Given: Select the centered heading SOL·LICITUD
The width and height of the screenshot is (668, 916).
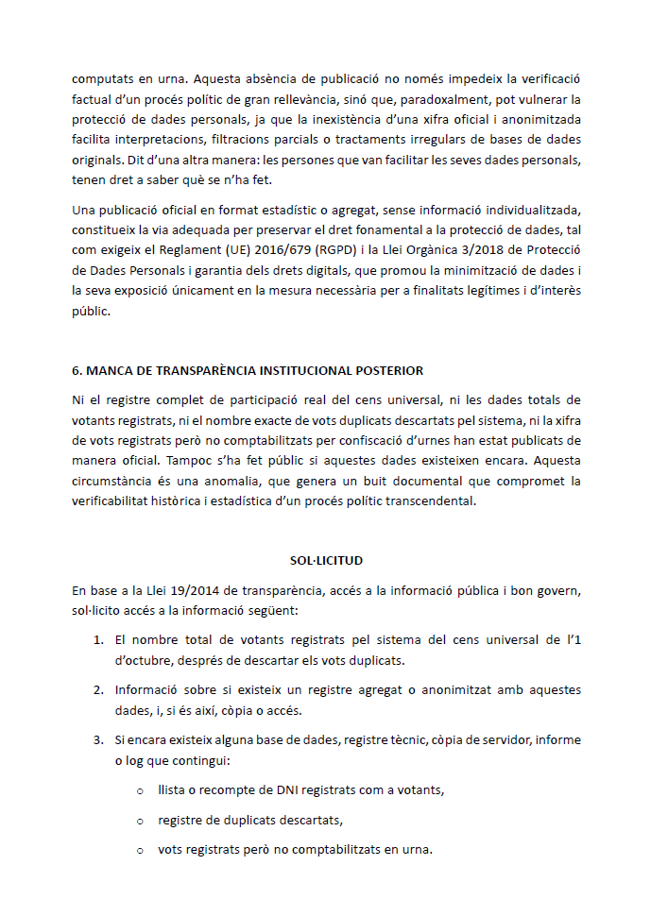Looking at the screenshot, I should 326,560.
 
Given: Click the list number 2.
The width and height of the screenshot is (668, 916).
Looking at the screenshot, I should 98,690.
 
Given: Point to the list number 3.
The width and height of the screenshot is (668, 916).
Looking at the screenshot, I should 98,739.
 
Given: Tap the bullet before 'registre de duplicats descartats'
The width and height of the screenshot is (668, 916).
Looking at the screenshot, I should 140,820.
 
